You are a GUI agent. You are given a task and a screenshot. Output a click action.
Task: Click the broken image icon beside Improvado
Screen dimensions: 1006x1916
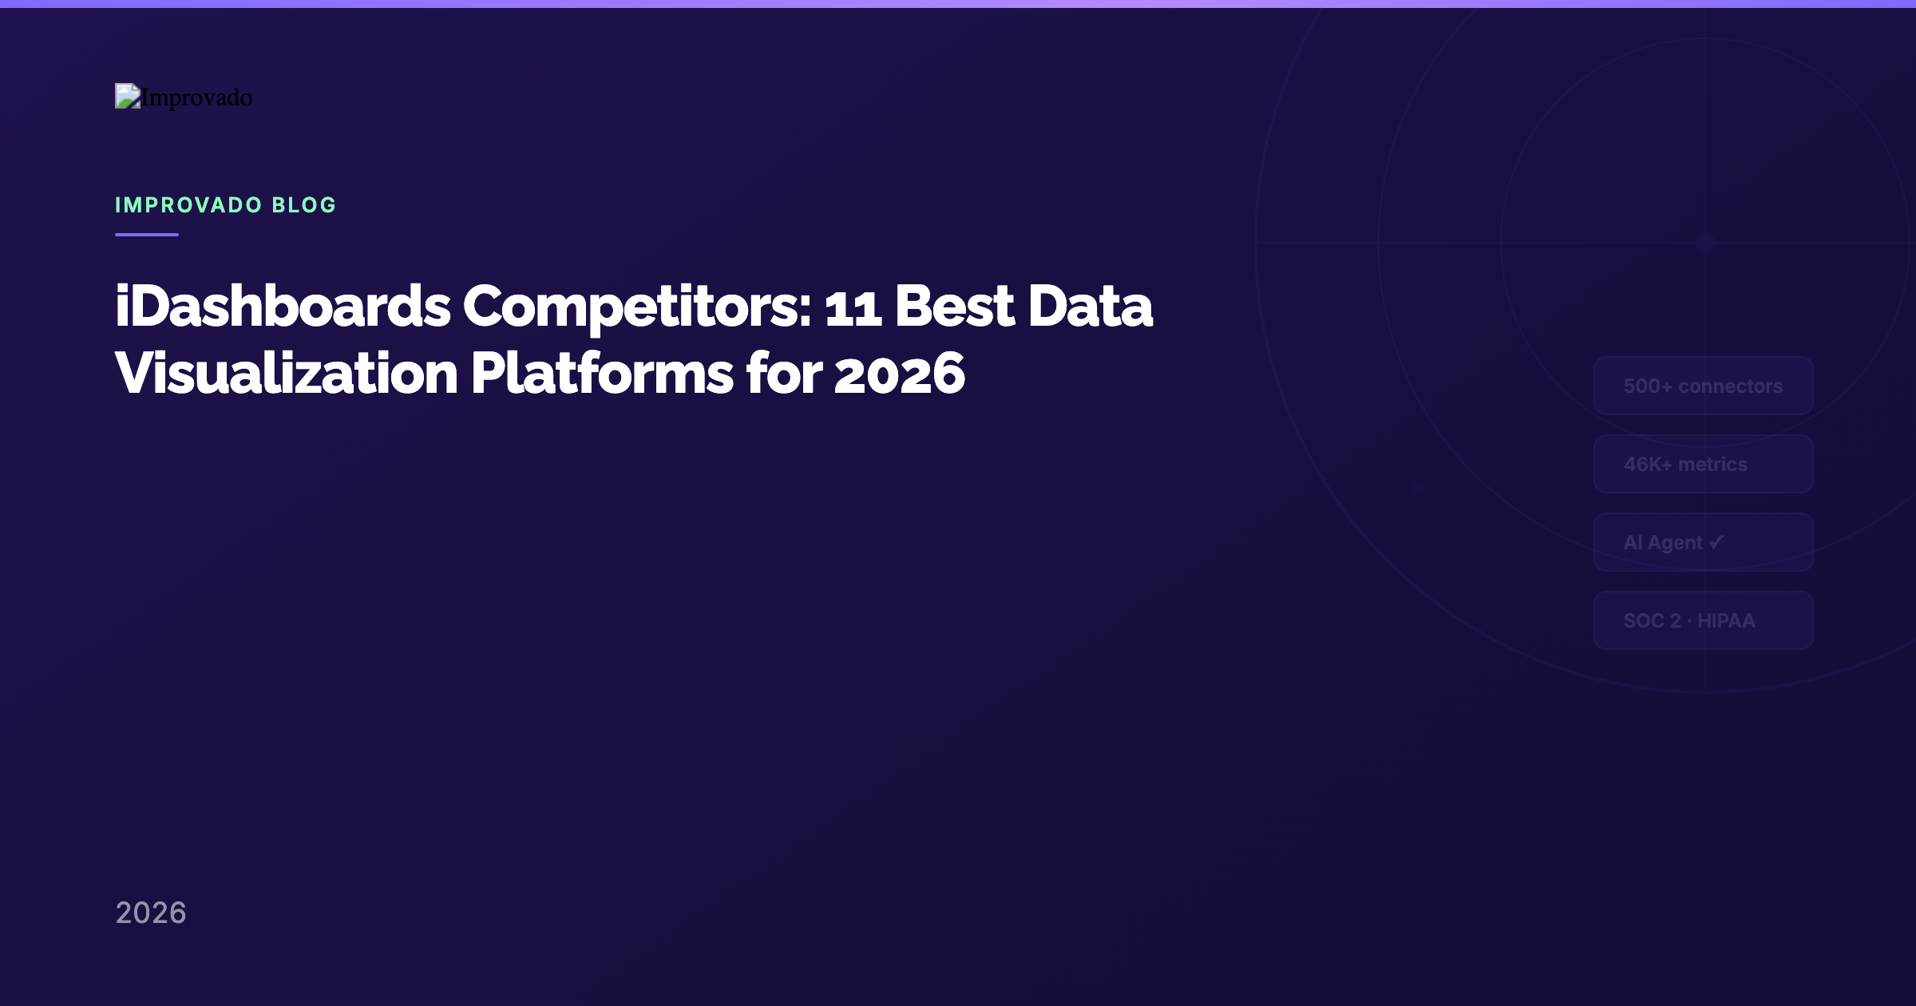tap(128, 96)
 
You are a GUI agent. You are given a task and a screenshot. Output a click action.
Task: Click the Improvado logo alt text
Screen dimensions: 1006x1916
tap(196, 97)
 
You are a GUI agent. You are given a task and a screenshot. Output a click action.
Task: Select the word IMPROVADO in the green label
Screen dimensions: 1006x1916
tap(188, 205)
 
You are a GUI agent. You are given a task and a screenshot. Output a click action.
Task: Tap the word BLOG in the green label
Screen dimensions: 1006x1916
tap(304, 205)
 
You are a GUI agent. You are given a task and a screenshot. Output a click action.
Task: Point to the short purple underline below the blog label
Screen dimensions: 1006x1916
tap(147, 235)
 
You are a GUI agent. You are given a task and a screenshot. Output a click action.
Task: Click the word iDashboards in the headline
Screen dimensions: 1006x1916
tap(283, 307)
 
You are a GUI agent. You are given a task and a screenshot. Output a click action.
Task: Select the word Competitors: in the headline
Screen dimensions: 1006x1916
tap(637, 307)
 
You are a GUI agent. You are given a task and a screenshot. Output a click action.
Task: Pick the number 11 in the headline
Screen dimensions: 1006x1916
tap(853, 308)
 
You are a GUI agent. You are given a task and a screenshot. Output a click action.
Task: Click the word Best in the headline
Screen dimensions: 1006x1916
tap(954, 307)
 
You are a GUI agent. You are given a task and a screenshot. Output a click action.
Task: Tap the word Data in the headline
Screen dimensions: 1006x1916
tap(1090, 307)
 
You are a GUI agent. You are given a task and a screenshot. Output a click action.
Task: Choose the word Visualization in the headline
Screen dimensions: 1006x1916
tap(287, 374)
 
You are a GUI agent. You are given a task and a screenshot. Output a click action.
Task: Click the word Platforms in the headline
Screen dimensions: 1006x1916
tap(602, 374)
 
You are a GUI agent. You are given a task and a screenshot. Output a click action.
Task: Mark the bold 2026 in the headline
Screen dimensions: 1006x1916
tap(900, 374)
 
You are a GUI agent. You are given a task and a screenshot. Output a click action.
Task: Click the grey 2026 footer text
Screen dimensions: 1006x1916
tap(151, 913)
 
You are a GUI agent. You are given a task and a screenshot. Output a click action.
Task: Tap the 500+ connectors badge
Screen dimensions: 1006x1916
tap(1703, 386)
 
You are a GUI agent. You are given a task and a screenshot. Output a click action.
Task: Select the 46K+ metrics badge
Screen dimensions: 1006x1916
tap(1703, 464)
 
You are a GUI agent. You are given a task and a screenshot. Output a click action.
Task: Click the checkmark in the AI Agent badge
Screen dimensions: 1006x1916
tap(1716, 542)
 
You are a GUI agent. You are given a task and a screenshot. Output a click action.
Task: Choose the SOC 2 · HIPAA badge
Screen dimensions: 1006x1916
tap(1703, 620)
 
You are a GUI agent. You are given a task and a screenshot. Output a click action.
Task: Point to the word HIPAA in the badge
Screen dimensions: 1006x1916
tap(1726, 620)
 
